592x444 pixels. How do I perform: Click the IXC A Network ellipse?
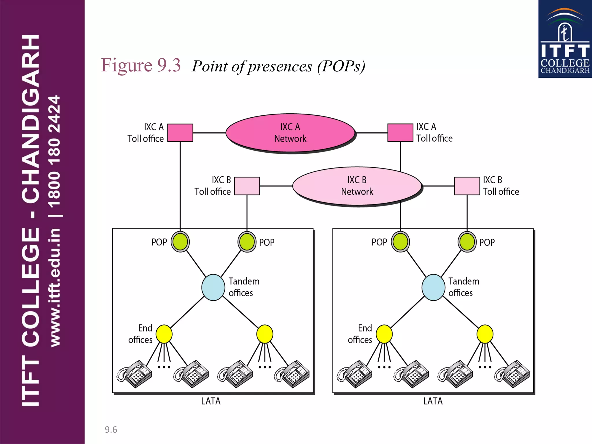click(290, 133)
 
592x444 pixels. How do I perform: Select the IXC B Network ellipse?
click(357, 186)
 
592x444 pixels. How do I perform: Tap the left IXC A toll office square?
click(180, 133)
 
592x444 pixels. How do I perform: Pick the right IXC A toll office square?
click(400, 133)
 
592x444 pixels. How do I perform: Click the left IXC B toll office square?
click(247, 186)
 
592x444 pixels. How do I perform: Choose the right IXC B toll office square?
click(467, 186)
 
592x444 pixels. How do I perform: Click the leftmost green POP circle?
click(180, 242)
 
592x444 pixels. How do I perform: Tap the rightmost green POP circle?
click(467, 242)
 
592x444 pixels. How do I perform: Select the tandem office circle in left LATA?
click(213, 287)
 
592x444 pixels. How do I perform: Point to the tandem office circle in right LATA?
click(433, 287)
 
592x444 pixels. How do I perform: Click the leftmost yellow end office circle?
click(164, 334)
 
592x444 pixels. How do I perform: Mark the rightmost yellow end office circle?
click(485, 334)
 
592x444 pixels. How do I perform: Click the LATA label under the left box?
click(211, 401)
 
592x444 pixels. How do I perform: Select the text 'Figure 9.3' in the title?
click(141, 65)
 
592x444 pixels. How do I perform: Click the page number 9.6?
click(111, 430)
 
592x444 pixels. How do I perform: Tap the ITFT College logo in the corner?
click(565, 39)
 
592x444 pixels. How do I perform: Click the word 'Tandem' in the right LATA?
click(464, 281)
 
